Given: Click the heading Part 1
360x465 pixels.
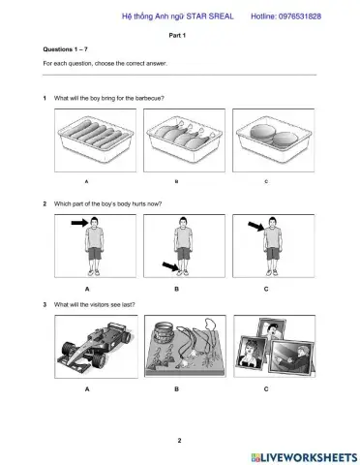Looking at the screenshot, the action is (x=177, y=35).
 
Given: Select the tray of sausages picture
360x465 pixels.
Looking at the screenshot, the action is (x=95, y=140).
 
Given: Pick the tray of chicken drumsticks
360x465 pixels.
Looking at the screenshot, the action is (x=184, y=140).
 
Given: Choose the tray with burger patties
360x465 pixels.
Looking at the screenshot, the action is (x=274, y=140).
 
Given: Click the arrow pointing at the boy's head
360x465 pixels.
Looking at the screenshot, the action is (x=79, y=223).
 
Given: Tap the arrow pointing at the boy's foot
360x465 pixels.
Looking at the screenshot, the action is (x=170, y=266).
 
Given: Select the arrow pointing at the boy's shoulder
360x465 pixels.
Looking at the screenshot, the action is (x=256, y=226).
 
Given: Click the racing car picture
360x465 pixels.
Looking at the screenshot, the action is (x=96, y=347).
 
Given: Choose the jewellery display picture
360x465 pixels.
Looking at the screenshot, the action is (x=185, y=346).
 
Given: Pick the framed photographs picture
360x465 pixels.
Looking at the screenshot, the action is (x=275, y=346).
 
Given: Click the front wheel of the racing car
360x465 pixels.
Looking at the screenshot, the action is (x=99, y=361).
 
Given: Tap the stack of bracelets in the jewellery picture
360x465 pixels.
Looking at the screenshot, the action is (x=165, y=332).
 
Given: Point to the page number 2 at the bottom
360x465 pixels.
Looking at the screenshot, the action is (x=179, y=440).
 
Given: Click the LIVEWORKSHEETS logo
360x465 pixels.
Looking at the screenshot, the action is (x=304, y=457).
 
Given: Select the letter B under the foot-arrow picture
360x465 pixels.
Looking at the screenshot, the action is (x=176, y=289).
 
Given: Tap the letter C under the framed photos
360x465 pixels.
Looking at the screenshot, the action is (x=266, y=389).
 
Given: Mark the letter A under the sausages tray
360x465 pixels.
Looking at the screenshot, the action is (x=86, y=182).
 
